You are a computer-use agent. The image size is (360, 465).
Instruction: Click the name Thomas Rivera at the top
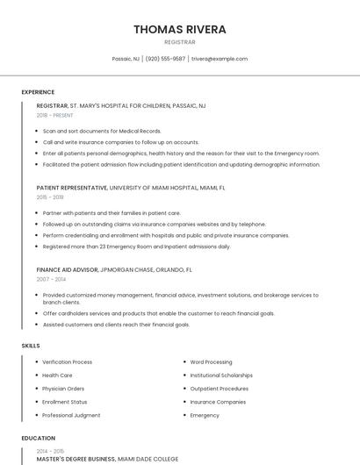[x=179, y=29]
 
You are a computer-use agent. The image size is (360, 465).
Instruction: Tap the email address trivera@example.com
[x=220, y=59]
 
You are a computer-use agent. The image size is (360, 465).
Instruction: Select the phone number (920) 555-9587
[x=165, y=59]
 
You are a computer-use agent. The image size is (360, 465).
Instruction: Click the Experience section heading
[x=38, y=92]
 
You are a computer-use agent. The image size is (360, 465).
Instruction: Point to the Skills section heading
[x=31, y=346]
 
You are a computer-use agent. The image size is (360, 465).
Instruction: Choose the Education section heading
[x=39, y=438]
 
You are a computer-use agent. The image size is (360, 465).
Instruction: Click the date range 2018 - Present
[x=55, y=115]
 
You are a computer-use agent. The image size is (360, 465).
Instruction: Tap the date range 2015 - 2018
[x=50, y=197]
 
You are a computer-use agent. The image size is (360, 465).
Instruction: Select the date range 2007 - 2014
[x=51, y=279]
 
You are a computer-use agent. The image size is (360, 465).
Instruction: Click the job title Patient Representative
[x=72, y=188]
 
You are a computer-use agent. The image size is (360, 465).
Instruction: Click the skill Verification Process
[x=67, y=362]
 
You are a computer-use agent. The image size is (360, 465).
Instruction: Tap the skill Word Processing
[x=211, y=362]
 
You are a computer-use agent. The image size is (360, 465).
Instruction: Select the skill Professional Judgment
[x=71, y=415]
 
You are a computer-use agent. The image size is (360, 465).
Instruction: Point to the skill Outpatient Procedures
[x=220, y=389]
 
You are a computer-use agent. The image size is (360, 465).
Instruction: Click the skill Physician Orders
[x=63, y=389]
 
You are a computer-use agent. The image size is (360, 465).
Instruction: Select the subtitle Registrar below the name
[x=179, y=41]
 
